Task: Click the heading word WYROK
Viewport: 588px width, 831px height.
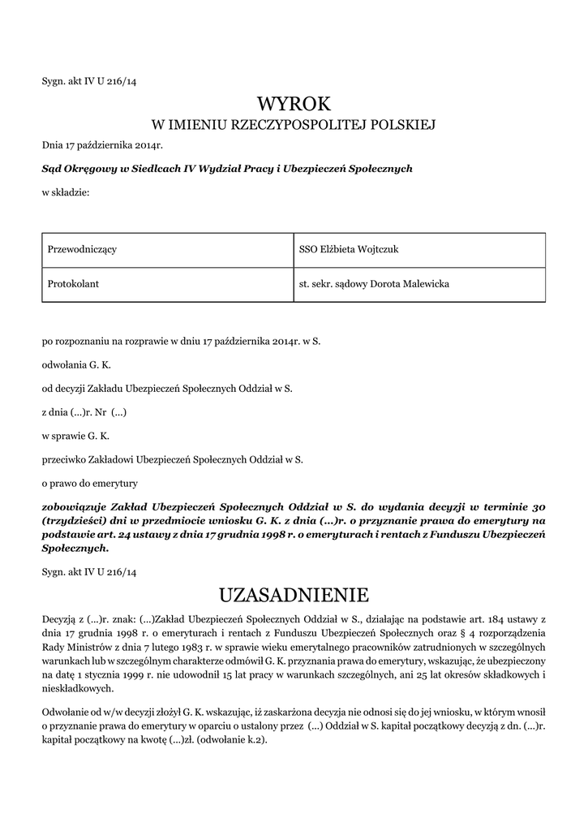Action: pyautogui.click(x=294, y=103)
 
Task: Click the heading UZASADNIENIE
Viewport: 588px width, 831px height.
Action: pyautogui.click(x=294, y=596)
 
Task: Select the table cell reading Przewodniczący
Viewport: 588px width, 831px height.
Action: pyautogui.click(x=82, y=250)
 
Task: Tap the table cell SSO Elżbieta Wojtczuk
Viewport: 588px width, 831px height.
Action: pyautogui.click(x=349, y=250)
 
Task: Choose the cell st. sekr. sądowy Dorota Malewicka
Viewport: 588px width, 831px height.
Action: pyautogui.click(x=374, y=285)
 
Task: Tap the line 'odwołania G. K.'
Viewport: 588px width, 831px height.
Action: pyautogui.click(x=76, y=365)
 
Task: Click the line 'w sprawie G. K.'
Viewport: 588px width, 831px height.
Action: pyautogui.click(x=75, y=436)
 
